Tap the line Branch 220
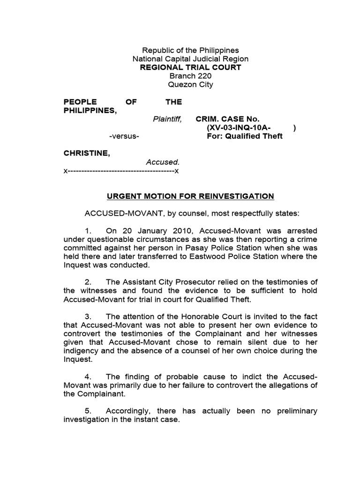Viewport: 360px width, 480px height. coord(190,76)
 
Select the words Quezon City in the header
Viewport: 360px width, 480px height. coord(190,85)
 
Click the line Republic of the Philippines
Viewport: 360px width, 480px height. coord(190,50)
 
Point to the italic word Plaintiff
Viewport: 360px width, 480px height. coord(167,119)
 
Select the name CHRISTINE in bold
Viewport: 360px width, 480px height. coord(87,153)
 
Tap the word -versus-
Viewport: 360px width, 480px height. coord(124,136)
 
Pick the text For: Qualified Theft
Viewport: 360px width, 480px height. coord(245,136)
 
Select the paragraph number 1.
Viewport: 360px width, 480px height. coord(88,231)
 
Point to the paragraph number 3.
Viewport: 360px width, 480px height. coord(88,317)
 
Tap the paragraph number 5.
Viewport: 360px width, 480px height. coord(88,411)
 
